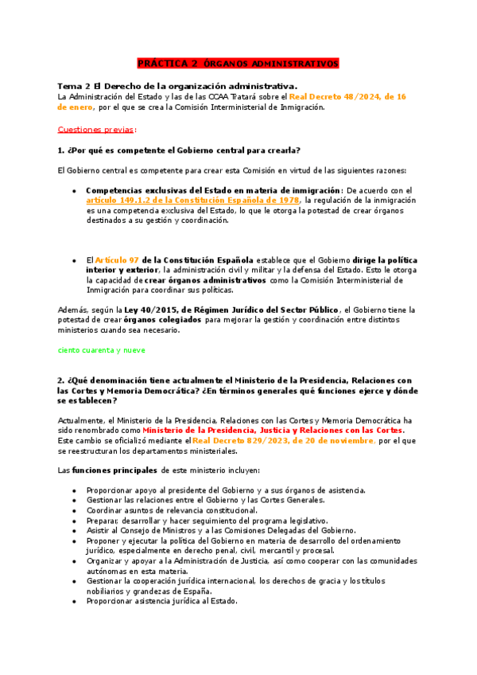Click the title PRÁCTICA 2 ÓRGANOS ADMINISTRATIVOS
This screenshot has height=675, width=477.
[238, 63]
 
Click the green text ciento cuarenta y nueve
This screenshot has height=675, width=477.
[100, 349]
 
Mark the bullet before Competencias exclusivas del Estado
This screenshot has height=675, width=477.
[74, 190]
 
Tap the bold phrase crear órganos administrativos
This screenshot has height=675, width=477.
[216, 281]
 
